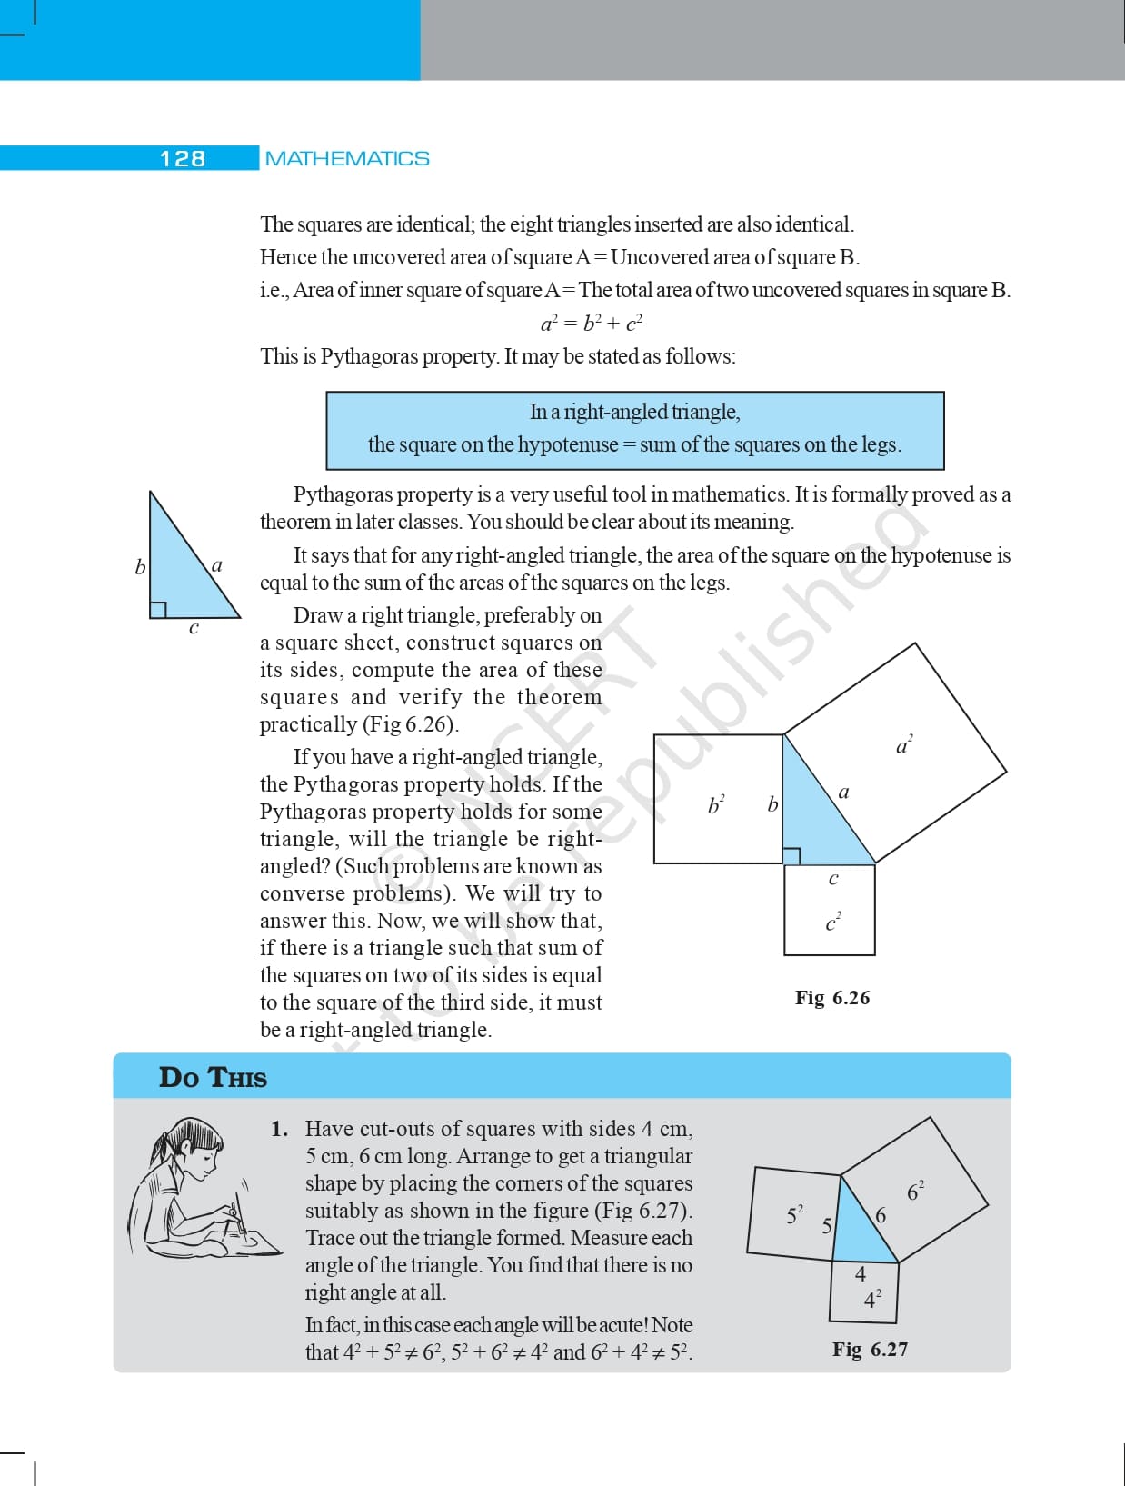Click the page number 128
coord(183,159)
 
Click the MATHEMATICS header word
coord(347,159)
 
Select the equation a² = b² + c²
coord(592,323)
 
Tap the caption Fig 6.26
coord(831,998)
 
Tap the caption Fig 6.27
coord(870,1350)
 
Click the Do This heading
coord(213,1078)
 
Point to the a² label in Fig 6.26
coord(903,746)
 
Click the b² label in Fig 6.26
coord(716,804)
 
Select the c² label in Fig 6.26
coord(832,923)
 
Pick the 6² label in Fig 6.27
coord(915,1191)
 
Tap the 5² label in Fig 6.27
coord(794,1215)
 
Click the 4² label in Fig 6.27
coord(871,1300)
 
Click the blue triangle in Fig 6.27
coord(861,1232)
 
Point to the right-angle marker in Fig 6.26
coord(791,856)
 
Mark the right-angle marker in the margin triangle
coord(157,610)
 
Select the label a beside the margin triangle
coord(216,565)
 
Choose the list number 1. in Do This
coord(280,1130)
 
